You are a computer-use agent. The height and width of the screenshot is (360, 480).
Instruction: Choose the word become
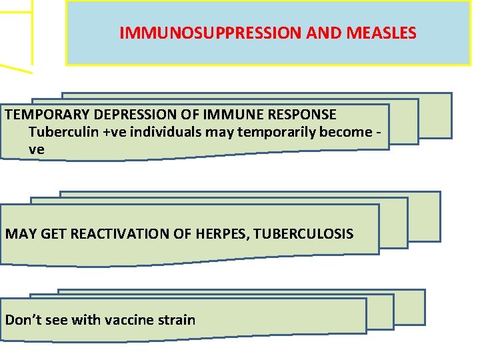click(347, 132)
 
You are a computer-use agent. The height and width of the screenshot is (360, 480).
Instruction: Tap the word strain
click(176, 320)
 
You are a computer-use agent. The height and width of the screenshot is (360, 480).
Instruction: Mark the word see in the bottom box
click(55, 320)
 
